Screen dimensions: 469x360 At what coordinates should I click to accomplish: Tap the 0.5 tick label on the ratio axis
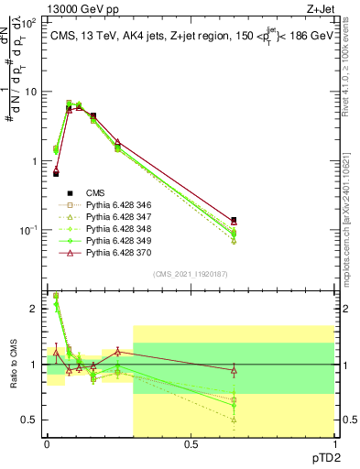click(x=30, y=420)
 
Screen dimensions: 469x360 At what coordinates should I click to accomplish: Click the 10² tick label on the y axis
click(x=29, y=22)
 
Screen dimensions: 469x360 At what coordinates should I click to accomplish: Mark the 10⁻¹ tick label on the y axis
click(x=27, y=230)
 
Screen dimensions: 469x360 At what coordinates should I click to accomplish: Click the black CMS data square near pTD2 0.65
click(x=234, y=221)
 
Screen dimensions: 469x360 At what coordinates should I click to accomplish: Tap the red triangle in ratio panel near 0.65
click(x=234, y=370)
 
